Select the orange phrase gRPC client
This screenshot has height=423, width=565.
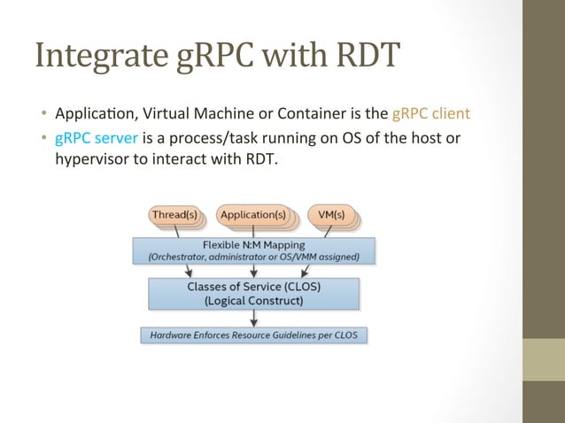(430, 113)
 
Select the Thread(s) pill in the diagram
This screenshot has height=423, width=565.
(174, 215)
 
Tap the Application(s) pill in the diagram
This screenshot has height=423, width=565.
(252, 215)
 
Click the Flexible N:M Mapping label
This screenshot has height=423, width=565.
(252, 243)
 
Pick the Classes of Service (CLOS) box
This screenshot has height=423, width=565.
(253, 293)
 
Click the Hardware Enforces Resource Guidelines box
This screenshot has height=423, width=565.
(254, 335)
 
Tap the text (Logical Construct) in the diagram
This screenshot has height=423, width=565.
(253, 300)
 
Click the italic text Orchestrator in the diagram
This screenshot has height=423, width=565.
(169, 257)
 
